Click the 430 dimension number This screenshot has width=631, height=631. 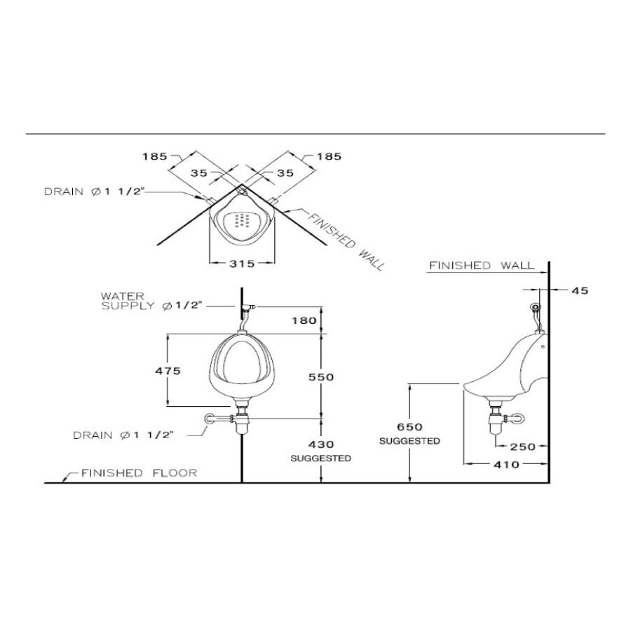(x=320, y=445)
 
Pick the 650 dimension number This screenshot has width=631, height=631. (x=409, y=427)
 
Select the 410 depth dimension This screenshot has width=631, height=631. (x=506, y=464)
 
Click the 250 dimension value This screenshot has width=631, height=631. (x=523, y=446)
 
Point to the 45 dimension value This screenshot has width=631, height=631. (x=581, y=290)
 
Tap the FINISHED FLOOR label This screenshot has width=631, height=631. (x=139, y=473)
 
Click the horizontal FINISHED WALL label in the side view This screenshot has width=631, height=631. (x=481, y=266)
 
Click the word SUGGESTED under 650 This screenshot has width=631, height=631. (x=409, y=441)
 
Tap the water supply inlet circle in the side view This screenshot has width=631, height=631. (x=537, y=306)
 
